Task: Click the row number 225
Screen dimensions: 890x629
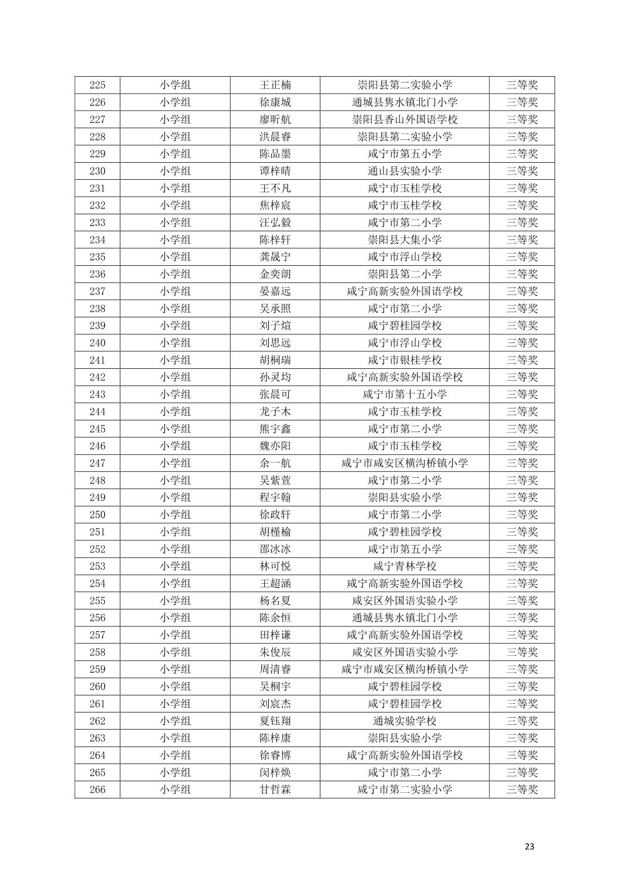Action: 97,85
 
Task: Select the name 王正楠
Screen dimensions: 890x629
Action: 275,85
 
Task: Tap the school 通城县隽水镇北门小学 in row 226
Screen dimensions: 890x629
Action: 404,102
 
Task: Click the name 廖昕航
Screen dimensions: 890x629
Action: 275,119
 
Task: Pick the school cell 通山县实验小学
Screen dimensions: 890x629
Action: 404,171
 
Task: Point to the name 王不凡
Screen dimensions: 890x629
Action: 275,188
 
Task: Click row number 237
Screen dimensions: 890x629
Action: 97,291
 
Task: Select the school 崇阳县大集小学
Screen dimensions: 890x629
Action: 404,239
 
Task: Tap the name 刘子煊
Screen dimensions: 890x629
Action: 275,326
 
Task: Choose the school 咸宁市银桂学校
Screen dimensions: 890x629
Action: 404,360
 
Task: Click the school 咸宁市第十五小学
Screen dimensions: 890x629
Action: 404,394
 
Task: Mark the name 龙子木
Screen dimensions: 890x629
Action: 275,412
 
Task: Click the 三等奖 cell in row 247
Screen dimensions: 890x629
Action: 521,463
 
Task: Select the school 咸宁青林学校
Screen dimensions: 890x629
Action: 404,566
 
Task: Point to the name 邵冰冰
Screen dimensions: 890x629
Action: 275,549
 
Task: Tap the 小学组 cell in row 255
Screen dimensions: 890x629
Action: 175,601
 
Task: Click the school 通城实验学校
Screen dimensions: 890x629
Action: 404,721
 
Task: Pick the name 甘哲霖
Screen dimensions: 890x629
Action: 275,789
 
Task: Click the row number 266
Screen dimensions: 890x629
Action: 97,789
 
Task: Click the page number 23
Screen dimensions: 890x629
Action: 529,846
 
